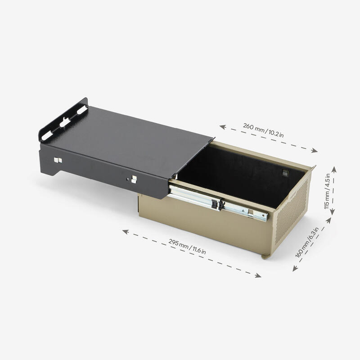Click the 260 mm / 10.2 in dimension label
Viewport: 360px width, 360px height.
point(263,130)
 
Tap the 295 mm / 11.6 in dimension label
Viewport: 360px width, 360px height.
point(187,247)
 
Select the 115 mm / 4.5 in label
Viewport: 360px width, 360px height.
point(327,191)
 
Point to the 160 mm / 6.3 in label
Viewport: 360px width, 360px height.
point(307,243)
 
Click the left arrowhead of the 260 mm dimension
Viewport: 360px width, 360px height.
point(222,127)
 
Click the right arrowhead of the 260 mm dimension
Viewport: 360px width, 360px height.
point(315,151)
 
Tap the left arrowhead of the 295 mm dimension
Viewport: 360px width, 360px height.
point(126,231)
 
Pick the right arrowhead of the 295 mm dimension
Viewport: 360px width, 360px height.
point(258,275)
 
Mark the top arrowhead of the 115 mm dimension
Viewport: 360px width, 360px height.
point(334,170)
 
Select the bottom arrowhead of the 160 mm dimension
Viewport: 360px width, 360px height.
point(295,268)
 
